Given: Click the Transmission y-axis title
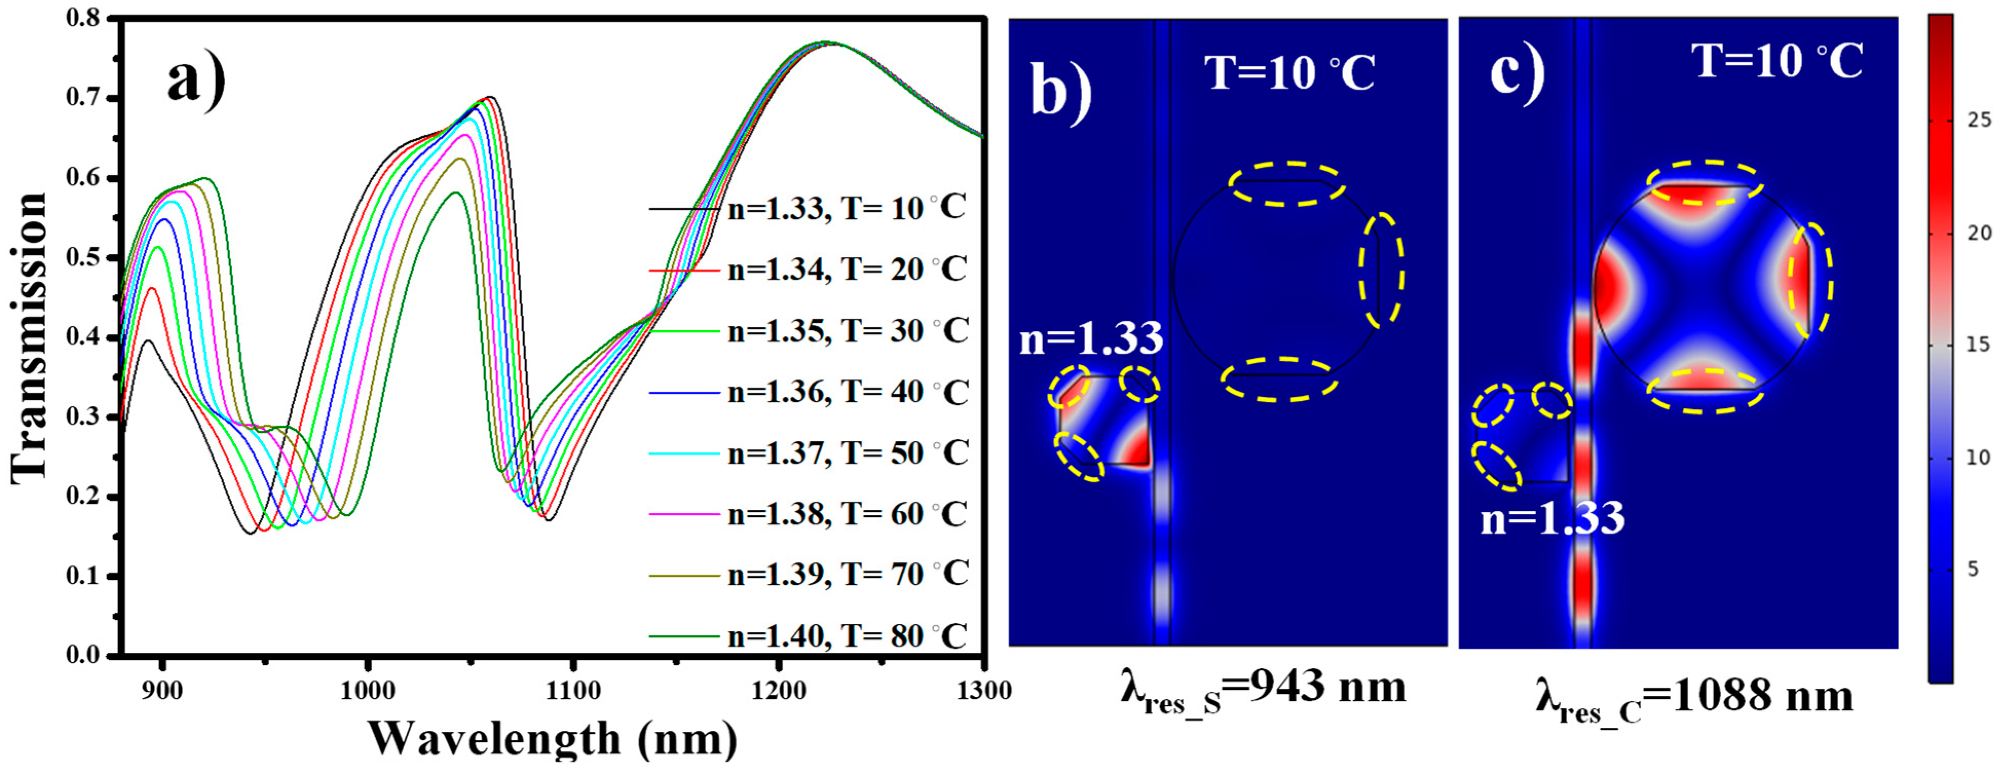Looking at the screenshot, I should (29, 337).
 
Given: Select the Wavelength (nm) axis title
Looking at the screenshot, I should (552, 739).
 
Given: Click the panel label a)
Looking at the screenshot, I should (196, 80).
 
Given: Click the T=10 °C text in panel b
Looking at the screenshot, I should (1289, 73).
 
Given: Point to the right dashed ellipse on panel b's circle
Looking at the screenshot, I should (1381, 269).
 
